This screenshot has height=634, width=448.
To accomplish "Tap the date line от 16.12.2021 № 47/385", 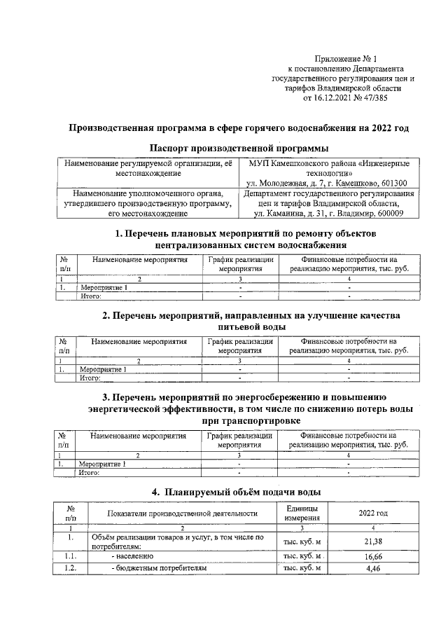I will (x=343, y=99).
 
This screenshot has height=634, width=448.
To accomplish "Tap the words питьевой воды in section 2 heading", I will (x=238, y=326).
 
